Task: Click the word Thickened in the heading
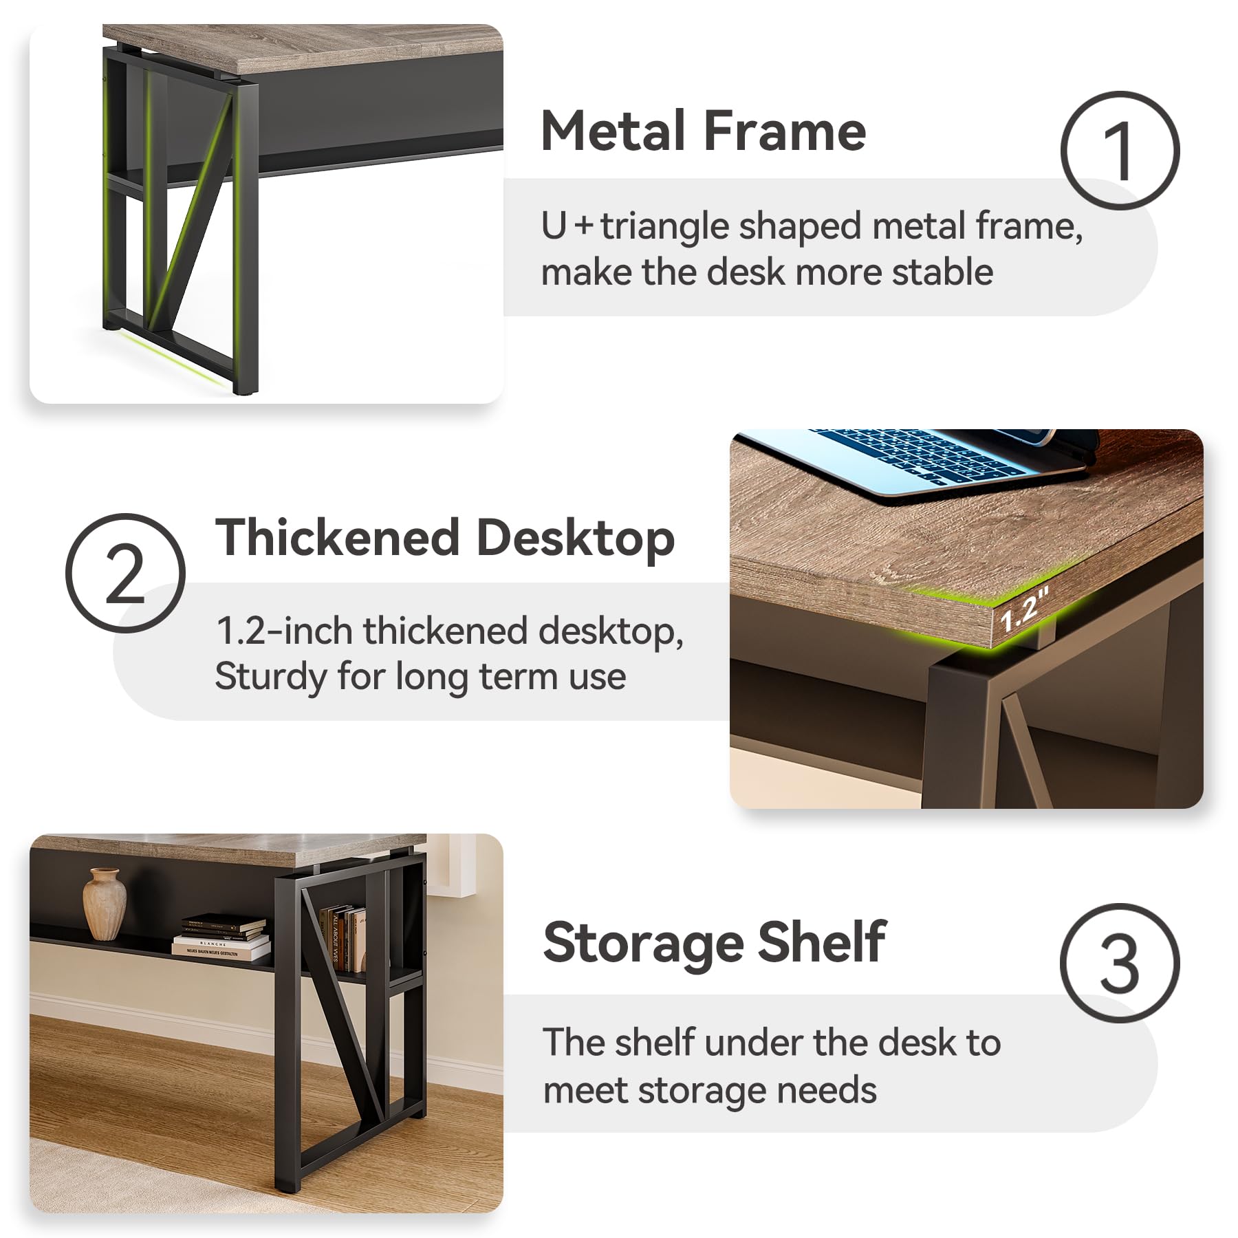pos(338,537)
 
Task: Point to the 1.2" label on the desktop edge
pos(1023,611)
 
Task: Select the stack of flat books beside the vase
pos(221,936)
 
